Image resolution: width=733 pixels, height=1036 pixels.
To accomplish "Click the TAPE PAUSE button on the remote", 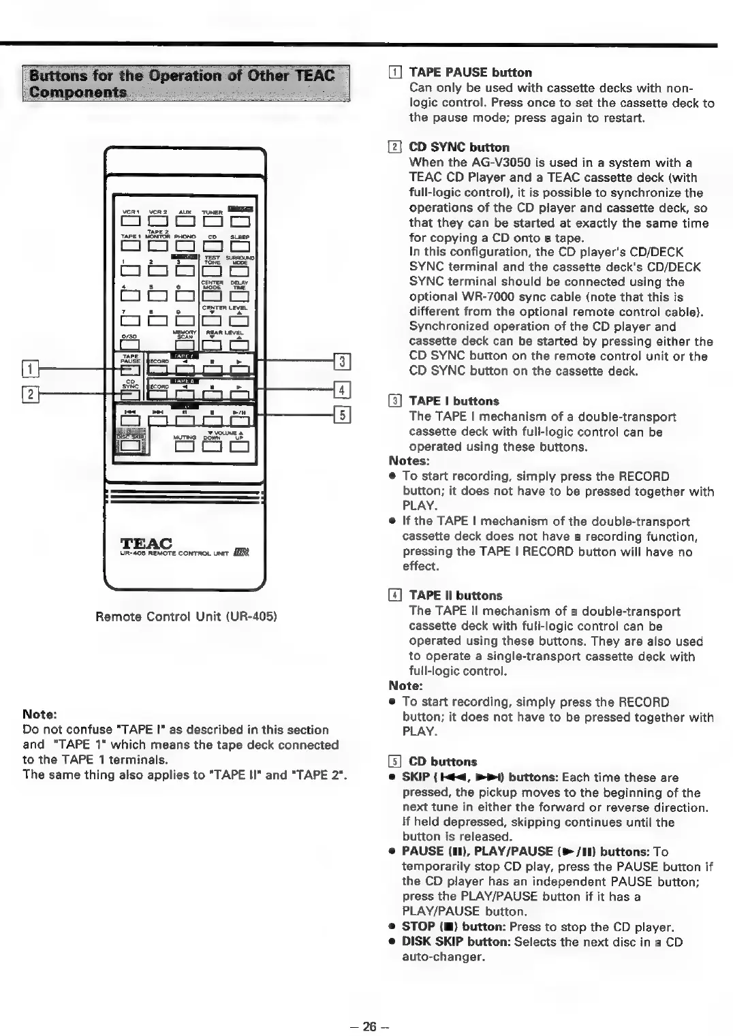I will point(130,370).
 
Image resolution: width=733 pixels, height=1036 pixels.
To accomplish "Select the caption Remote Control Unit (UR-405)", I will point(185,617).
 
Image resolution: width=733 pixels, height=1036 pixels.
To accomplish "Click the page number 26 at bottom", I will point(369,1026).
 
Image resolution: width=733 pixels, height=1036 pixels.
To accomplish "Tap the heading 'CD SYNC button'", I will point(458,147).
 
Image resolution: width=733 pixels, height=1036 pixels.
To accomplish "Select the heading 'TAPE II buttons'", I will point(455,595).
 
